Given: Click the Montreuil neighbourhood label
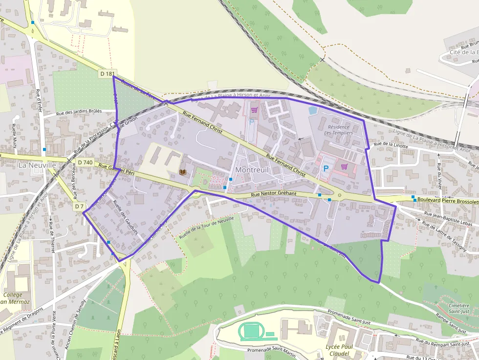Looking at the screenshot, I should point(252,169).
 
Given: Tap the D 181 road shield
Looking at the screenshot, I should point(108,73).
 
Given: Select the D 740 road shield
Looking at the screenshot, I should point(85,162).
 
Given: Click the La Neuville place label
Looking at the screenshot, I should point(37,165).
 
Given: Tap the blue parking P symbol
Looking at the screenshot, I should point(325,169).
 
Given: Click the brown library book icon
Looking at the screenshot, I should point(183,172).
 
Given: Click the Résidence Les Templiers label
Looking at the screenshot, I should point(338,129).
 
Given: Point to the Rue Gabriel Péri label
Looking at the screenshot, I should point(116,169).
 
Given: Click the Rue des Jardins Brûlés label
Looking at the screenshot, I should point(79,111).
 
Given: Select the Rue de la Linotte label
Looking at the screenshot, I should point(391,145).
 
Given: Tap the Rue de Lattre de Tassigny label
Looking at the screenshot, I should point(449,233).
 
